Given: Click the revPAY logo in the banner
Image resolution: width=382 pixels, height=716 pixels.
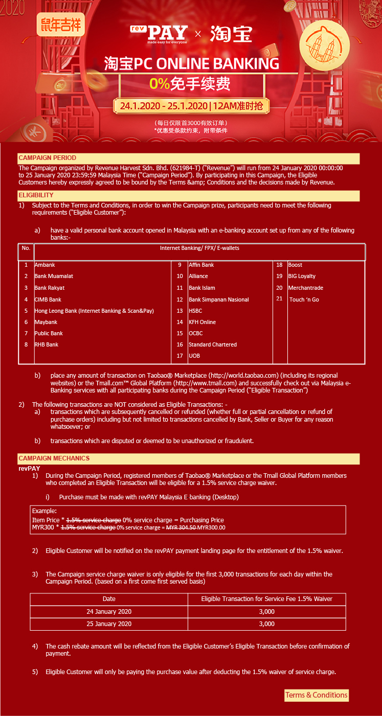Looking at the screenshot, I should click(159, 34).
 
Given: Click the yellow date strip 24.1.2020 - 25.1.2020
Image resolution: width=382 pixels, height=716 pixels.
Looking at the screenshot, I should click(191, 106).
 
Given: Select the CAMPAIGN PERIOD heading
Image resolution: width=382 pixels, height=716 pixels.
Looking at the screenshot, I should click(47, 158).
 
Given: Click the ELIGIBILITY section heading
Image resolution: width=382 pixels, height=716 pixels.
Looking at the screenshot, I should click(36, 195).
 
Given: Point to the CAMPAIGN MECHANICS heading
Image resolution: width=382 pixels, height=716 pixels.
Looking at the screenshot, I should click(54, 458).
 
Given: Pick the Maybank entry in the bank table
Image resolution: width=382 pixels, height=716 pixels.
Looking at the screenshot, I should click(46, 322).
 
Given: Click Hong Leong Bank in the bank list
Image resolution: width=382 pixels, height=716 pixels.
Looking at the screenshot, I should click(94, 311).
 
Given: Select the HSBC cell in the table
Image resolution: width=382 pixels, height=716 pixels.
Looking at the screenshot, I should click(195, 311).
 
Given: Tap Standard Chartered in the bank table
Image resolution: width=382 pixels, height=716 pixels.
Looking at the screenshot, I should click(212, 344).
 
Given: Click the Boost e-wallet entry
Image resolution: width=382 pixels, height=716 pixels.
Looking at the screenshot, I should click(295, 265).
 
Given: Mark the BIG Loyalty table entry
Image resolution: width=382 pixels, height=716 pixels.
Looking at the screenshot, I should click(302, 276).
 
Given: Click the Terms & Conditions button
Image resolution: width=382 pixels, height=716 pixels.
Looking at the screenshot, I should click(316, 695).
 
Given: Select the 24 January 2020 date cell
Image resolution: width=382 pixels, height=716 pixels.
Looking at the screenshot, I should click(109, 611).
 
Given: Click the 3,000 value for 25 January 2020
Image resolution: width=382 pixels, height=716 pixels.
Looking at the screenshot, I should click(266, 623).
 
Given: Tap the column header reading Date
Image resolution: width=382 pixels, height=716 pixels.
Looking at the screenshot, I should click(109, 598).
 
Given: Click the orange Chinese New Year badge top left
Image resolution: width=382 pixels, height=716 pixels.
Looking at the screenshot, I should click(60, 24).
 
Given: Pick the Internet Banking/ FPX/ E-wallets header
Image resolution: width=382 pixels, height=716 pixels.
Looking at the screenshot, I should click(199, 248).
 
